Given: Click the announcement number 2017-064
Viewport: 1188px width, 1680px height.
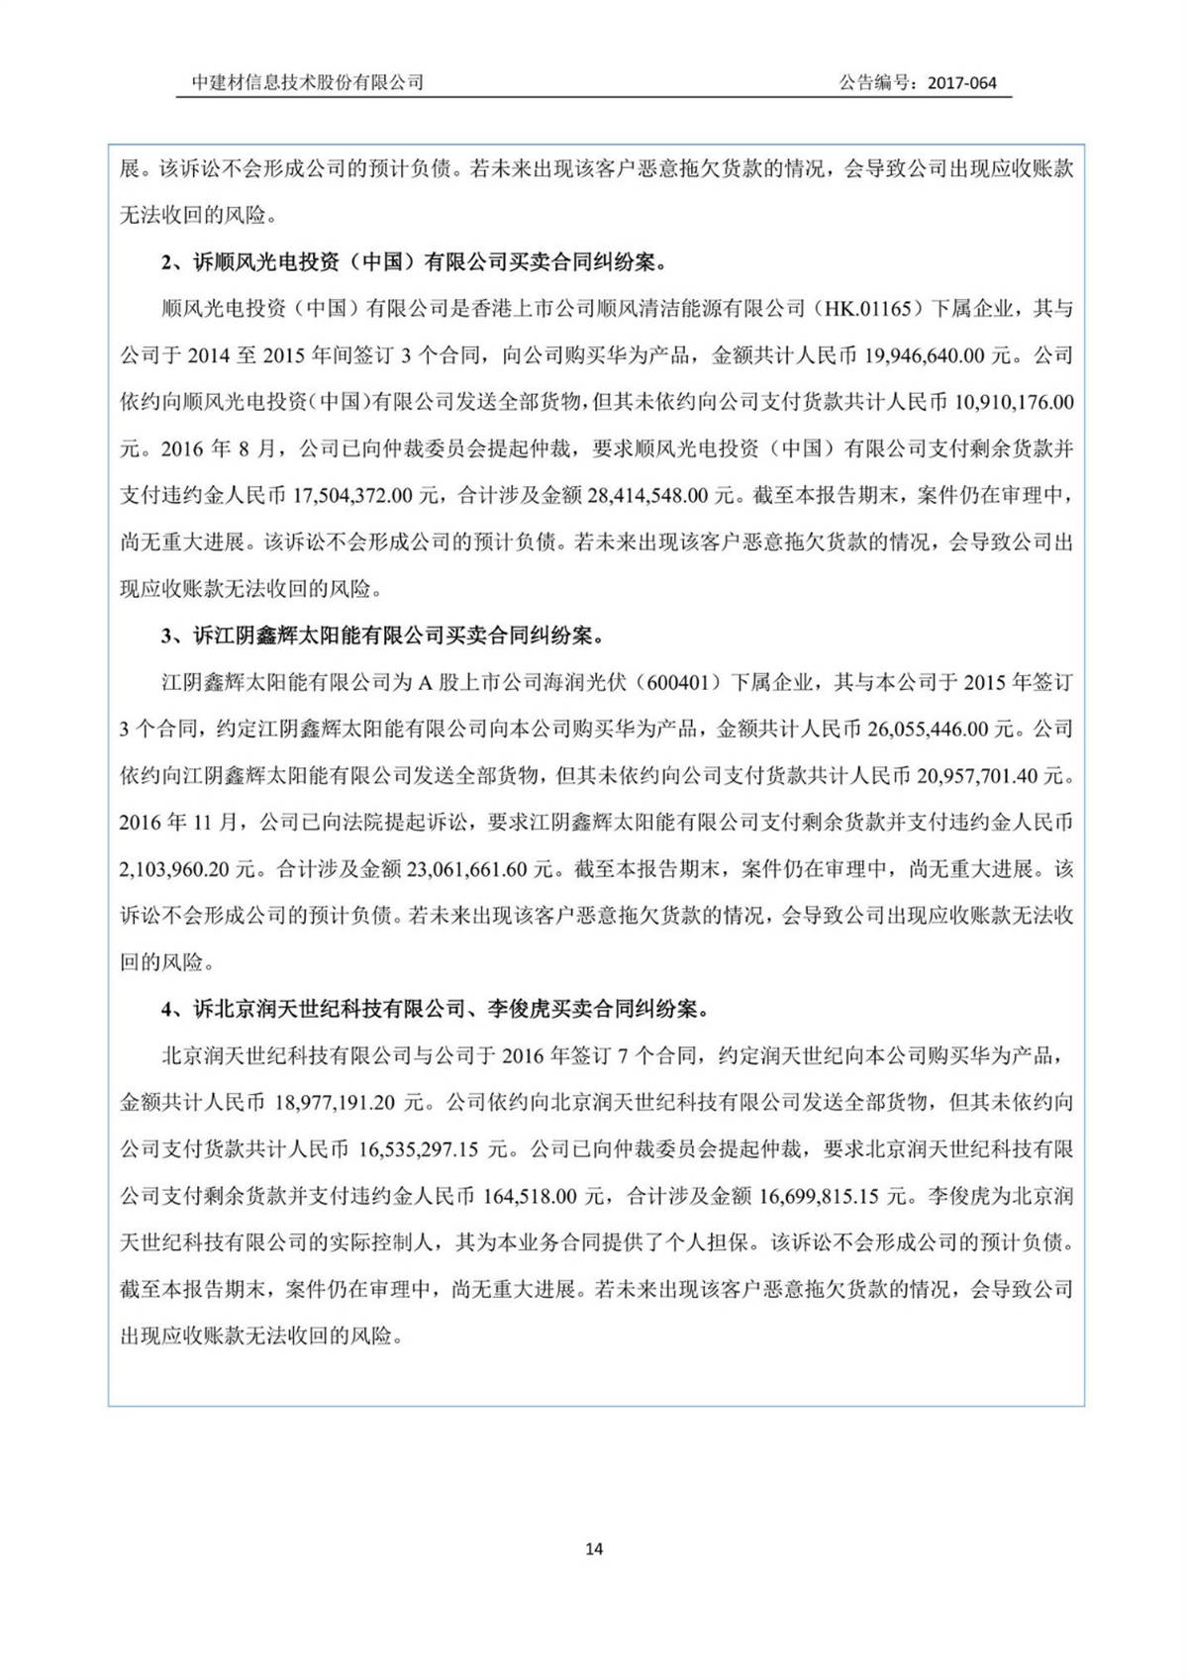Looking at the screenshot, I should tap(961, 83).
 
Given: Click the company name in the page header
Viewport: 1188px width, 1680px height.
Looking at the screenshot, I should tap(308, 83).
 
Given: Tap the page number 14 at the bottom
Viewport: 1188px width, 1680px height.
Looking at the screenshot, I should tap(594, 1548).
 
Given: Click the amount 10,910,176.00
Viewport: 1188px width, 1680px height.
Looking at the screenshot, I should tap(1014, 402).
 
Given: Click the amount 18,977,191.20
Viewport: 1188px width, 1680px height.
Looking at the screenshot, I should tap(336, 1102).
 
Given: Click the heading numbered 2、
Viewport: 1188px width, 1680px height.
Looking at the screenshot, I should tap(414, 262).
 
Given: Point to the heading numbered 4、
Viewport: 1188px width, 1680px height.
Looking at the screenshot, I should tap(436, 1009).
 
